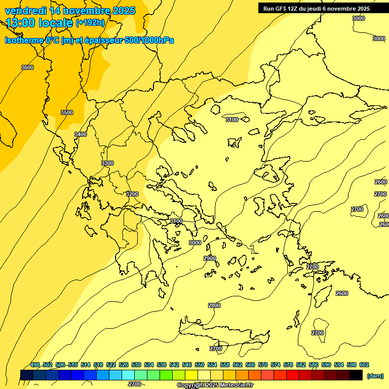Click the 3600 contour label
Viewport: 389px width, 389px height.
click(x=27, y=67)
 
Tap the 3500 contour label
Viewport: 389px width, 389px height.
click(x=66, y=112)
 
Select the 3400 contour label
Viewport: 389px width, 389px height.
click(x=80, y=134)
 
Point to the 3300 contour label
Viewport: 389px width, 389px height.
click(x=107, y=163)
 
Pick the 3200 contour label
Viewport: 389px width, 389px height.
click(x=132, y=194)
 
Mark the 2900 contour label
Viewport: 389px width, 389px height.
click(x=210, y=258)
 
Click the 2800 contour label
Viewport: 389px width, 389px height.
click(x=214, y=305)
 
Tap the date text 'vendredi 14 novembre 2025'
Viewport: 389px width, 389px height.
click(x=70, y=11)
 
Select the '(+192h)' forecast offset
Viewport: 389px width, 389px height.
click(x=90, y=23)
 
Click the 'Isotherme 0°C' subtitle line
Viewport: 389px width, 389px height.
click(x=89, y=40)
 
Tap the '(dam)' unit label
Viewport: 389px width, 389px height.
click(x=375, y=376)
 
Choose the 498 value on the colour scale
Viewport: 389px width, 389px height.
click(x=35, y=365)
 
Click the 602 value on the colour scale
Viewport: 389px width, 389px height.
click(x=364, y=365)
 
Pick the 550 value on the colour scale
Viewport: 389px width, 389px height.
click(x=200, y=365)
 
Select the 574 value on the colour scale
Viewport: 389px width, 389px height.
click(x=276, y=365)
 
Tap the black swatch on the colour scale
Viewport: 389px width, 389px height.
click(x=356, y=375)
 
